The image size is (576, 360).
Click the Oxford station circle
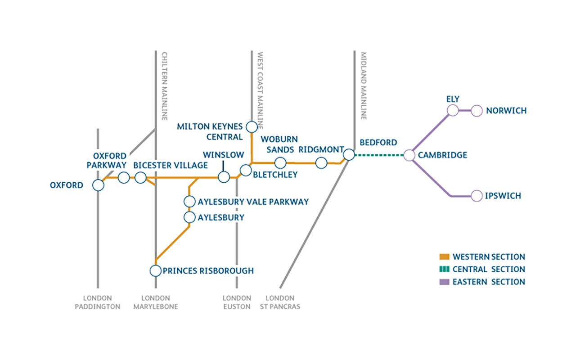pos(98,185)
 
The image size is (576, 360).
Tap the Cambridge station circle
pos(409,155)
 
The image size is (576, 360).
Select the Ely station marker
pos(453,110)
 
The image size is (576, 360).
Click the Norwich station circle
pos(477,110)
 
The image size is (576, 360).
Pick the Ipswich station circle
pos(477,196)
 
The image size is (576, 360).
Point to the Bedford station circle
pos(349,155)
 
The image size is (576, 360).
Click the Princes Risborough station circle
pos(155,270)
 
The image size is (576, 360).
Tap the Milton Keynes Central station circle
pos(252,126)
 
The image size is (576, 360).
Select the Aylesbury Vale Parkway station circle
pos(189,202)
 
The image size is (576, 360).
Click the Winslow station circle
pos(224,177)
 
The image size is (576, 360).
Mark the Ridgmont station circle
pos(321,163)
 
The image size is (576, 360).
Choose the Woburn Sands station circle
pos(280,162)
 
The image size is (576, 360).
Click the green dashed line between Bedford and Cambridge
pos(379,155)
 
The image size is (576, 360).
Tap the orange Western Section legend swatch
pos(444,257)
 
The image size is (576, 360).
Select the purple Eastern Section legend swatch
pos(444,282)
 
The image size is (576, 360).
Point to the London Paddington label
pos(102,302)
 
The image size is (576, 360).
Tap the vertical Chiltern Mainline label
pos(164,85)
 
